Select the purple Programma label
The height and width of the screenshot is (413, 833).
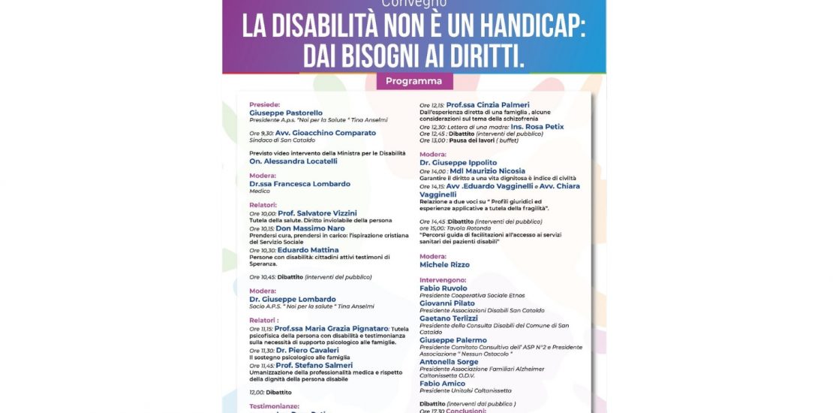414,81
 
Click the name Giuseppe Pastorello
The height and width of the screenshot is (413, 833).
286,113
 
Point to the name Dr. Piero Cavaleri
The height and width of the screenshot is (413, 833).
308,350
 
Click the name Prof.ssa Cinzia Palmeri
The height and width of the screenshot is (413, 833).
488,104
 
